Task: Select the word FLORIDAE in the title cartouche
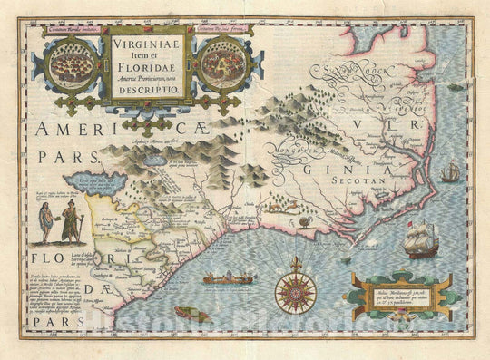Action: point(151,63)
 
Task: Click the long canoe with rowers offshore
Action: point(228,279)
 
